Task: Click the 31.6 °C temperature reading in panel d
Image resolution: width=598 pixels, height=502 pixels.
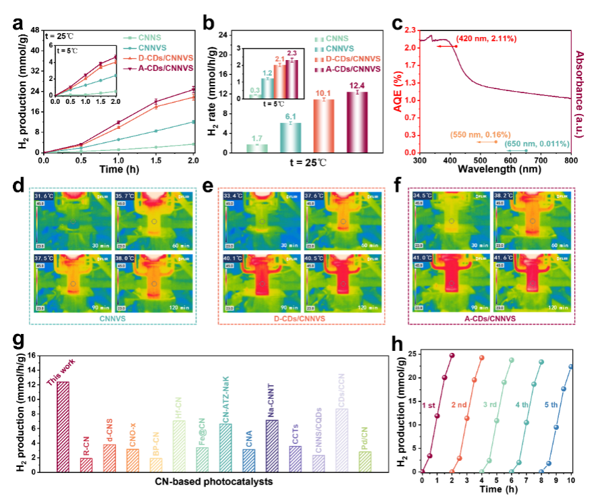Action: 46,196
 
